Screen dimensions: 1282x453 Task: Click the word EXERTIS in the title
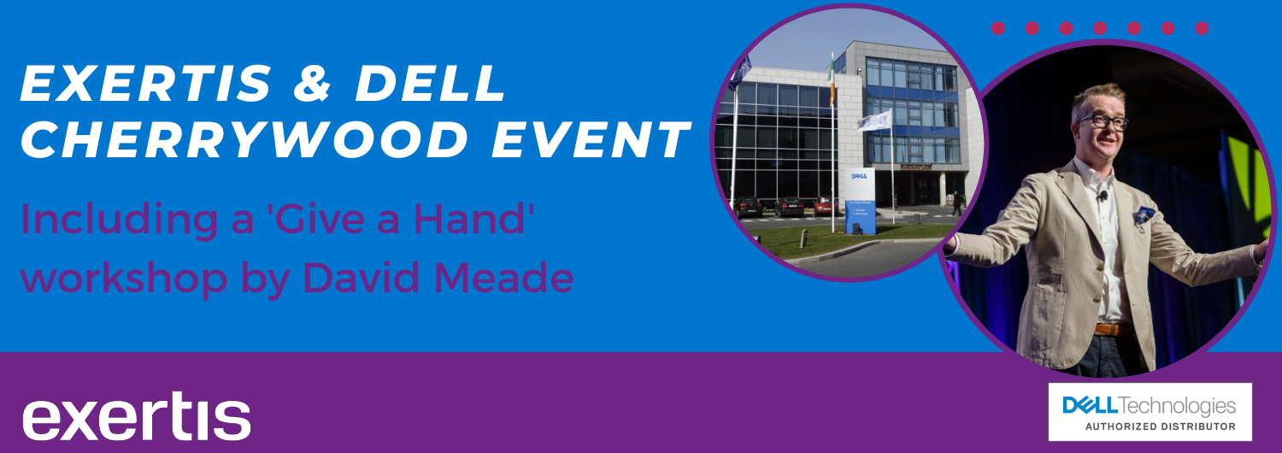[x=146, y=83]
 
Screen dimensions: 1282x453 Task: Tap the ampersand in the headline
[x=313, y=83]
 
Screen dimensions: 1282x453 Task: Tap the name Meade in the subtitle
[x=504, y=277]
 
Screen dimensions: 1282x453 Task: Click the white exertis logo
[x=136, y=415]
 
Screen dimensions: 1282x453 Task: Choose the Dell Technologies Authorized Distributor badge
[x=1150, y=412]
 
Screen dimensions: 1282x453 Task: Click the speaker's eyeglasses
[x=1103, y=121]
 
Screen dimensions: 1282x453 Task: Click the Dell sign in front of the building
[x=860, y=201]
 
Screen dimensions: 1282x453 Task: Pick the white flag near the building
[x=874, y=121]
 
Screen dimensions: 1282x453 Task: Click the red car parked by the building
[x=824, y=206]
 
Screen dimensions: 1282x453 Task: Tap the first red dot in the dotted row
[x=998, y=28]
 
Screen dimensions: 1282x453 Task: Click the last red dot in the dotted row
[x=1202, y=28]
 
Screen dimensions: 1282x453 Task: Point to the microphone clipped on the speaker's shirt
[x=1103, y=195]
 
